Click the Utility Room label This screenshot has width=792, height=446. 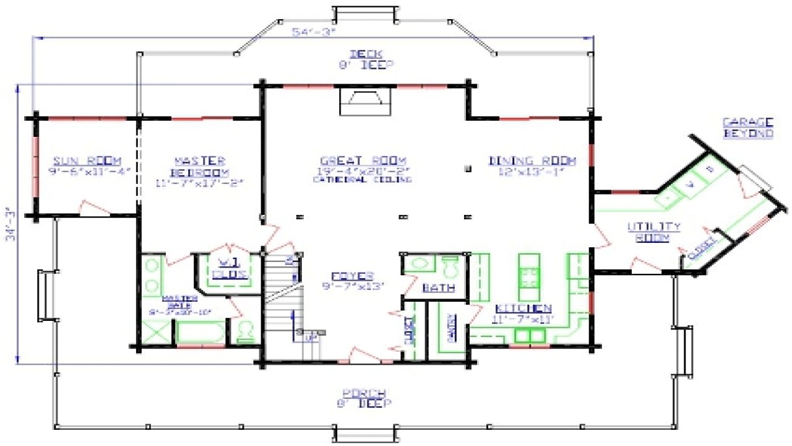(x=654, y=231)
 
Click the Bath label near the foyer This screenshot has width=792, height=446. (x=439, y=287)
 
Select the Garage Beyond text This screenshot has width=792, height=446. (x=747, y=127)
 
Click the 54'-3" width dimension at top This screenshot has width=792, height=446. (x=316, y=32)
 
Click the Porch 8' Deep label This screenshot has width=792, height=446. (x=365, y=398)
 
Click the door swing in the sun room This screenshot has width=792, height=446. (x=93, y=207)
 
